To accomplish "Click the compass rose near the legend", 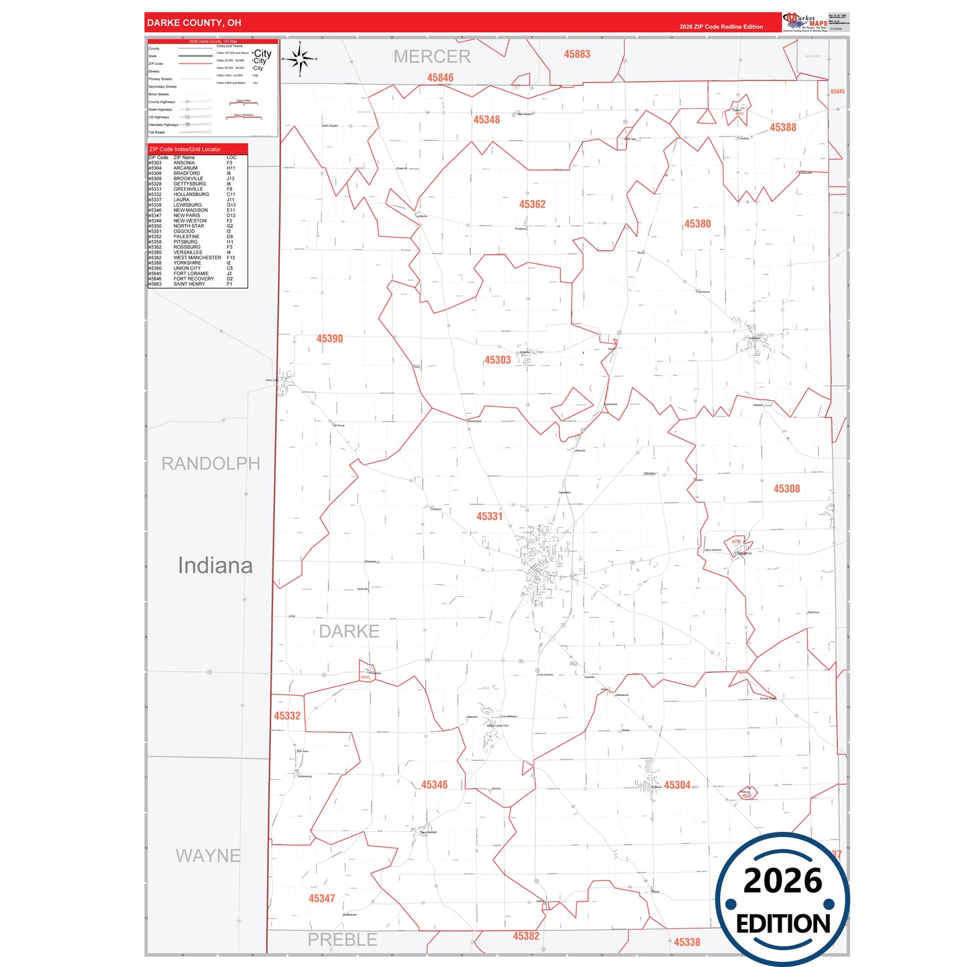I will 300,60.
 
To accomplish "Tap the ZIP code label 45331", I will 489,516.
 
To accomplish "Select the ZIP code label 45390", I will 329,339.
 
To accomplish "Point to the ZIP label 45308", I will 786,489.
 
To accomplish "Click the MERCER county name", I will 432,57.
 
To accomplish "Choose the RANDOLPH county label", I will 210,463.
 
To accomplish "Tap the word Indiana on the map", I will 215,565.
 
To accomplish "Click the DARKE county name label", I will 349,631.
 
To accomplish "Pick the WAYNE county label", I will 207,855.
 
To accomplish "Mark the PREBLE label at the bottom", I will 342,940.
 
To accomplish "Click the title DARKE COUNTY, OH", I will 194,23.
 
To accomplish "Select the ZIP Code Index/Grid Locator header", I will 185,149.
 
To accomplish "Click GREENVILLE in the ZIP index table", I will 188,189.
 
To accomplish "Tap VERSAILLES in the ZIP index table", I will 187,252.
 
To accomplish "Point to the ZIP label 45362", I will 532,204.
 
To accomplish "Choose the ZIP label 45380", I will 697,224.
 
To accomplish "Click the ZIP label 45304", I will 677,785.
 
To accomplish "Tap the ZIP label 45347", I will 321,898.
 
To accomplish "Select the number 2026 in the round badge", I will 782,881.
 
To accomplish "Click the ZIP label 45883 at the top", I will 577,54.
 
